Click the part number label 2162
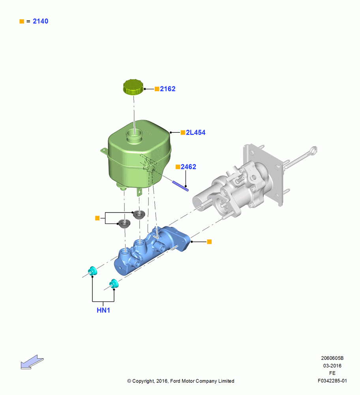168,89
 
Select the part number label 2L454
196,132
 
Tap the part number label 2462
188,167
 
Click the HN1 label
103,310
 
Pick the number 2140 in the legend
41,21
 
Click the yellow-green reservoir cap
133,87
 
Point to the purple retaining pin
180,186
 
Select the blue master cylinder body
152,250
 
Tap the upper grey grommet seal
139,214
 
